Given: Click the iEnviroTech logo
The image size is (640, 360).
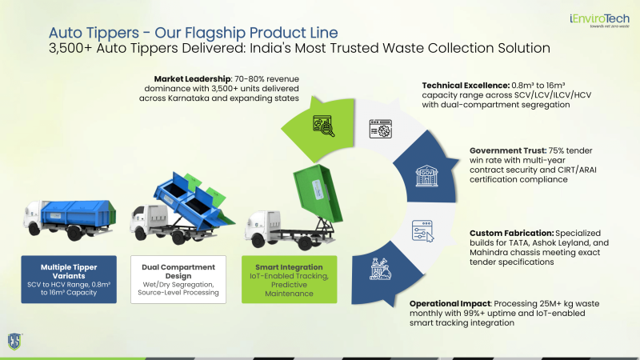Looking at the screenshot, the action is tap(599, 21).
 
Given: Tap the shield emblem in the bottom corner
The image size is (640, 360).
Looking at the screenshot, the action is tap(14, 342).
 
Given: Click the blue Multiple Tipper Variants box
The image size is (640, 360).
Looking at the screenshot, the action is tap(69, 279).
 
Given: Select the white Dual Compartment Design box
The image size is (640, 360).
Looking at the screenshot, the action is tap(178, 279).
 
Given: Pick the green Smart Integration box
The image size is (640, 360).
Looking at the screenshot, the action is tap(289, 279).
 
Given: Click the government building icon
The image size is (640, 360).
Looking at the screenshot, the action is tap(426, 176).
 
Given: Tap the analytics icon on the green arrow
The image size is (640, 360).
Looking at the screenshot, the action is tap(324, 126).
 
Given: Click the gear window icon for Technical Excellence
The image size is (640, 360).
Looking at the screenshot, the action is tap(381, 129).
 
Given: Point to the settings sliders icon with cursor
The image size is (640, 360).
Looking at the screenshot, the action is tap(422, 231).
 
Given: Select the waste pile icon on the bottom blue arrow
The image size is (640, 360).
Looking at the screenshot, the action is tap(380, 269).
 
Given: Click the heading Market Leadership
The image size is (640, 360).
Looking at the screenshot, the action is tap(192, 78).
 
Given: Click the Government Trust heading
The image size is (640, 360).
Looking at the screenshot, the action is tap(508, 150).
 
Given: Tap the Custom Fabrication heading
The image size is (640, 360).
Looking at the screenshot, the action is tap(512, 233).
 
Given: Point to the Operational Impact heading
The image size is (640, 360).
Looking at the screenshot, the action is tap(450, 304).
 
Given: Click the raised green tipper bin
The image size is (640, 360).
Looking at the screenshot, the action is tap(318, 193).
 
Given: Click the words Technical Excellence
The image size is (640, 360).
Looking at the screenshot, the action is tap(466, 86).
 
